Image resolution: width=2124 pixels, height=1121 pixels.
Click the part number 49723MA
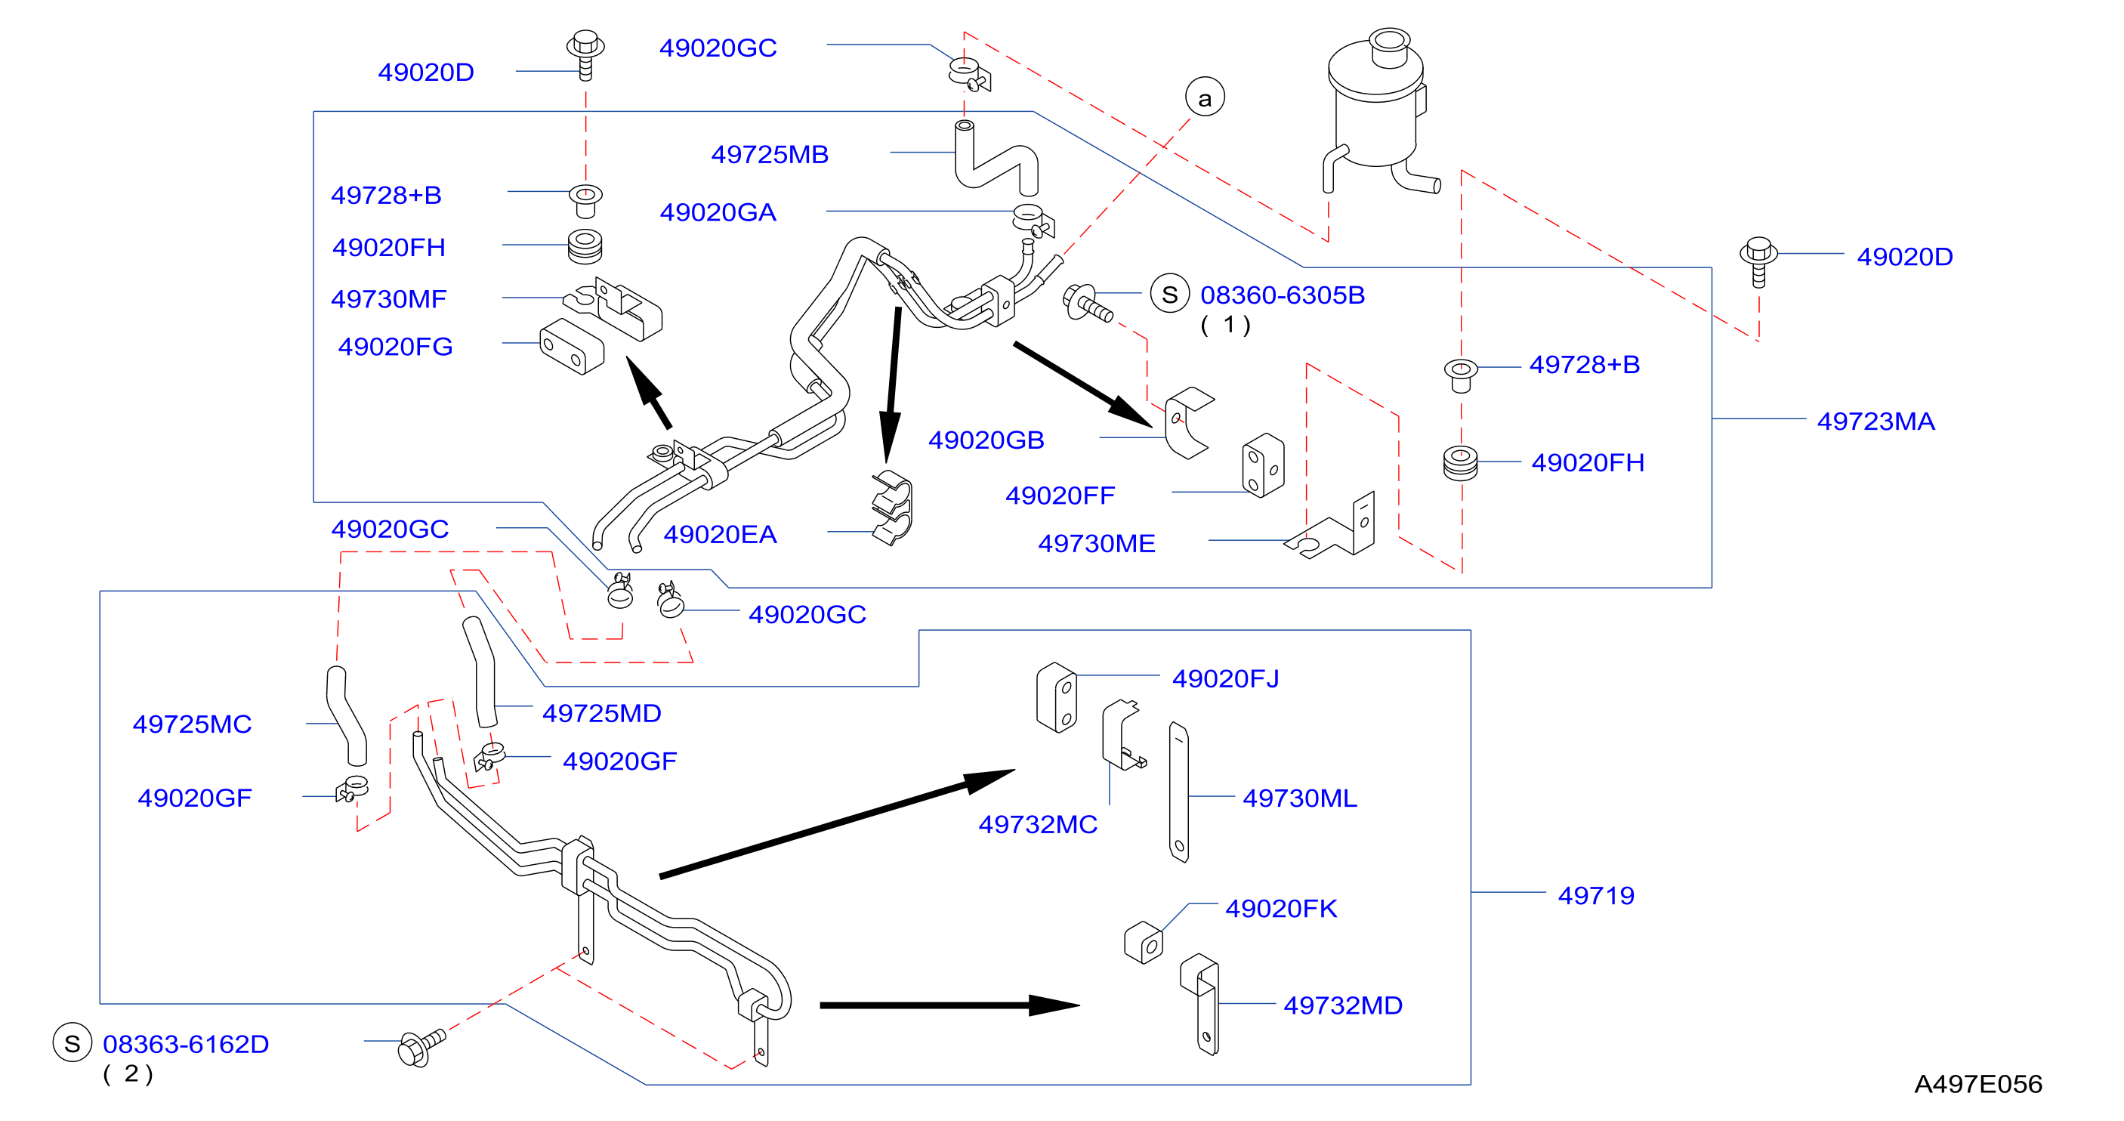pyautogui.click(x=1875, y=422)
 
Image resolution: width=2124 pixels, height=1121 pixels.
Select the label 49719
pyautogui.click(x=1595, y=896)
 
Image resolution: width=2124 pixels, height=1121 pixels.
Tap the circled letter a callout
pyautogui.click(x=1205, y=97)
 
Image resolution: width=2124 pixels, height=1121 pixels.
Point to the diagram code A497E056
pyautogui.click(x=1977, y=1084)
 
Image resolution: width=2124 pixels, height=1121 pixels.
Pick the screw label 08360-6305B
pyautogui.click(x=1282, y=295)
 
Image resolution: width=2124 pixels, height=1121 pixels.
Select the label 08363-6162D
pyautogui.click(x=186, y=1044)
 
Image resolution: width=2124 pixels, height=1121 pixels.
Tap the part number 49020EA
pyautogui.click(x=720, y=535)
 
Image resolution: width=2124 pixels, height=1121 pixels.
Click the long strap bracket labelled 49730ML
pyautogui.click(x=1178, y=792)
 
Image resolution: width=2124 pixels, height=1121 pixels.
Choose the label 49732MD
pyautogui.click(x=1342, y=1005)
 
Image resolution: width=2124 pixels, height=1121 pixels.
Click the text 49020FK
pyautogui.click(x=1280, y=908)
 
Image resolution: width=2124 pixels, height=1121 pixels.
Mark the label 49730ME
pyautogui.click(x=1096, y=544)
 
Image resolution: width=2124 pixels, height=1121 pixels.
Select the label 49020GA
pyautogui.click(x=718, y=213)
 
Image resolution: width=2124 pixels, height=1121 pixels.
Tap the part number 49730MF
pyautogui.click(x=388, y=298)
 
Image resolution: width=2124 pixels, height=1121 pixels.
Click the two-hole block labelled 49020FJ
pyautogui.click(x=1057, y=697)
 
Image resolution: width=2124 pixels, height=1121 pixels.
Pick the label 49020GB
pyautogui.click(x=986, y=440)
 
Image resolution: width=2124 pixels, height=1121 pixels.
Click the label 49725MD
pyautogui.click(x=601, y=714)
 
